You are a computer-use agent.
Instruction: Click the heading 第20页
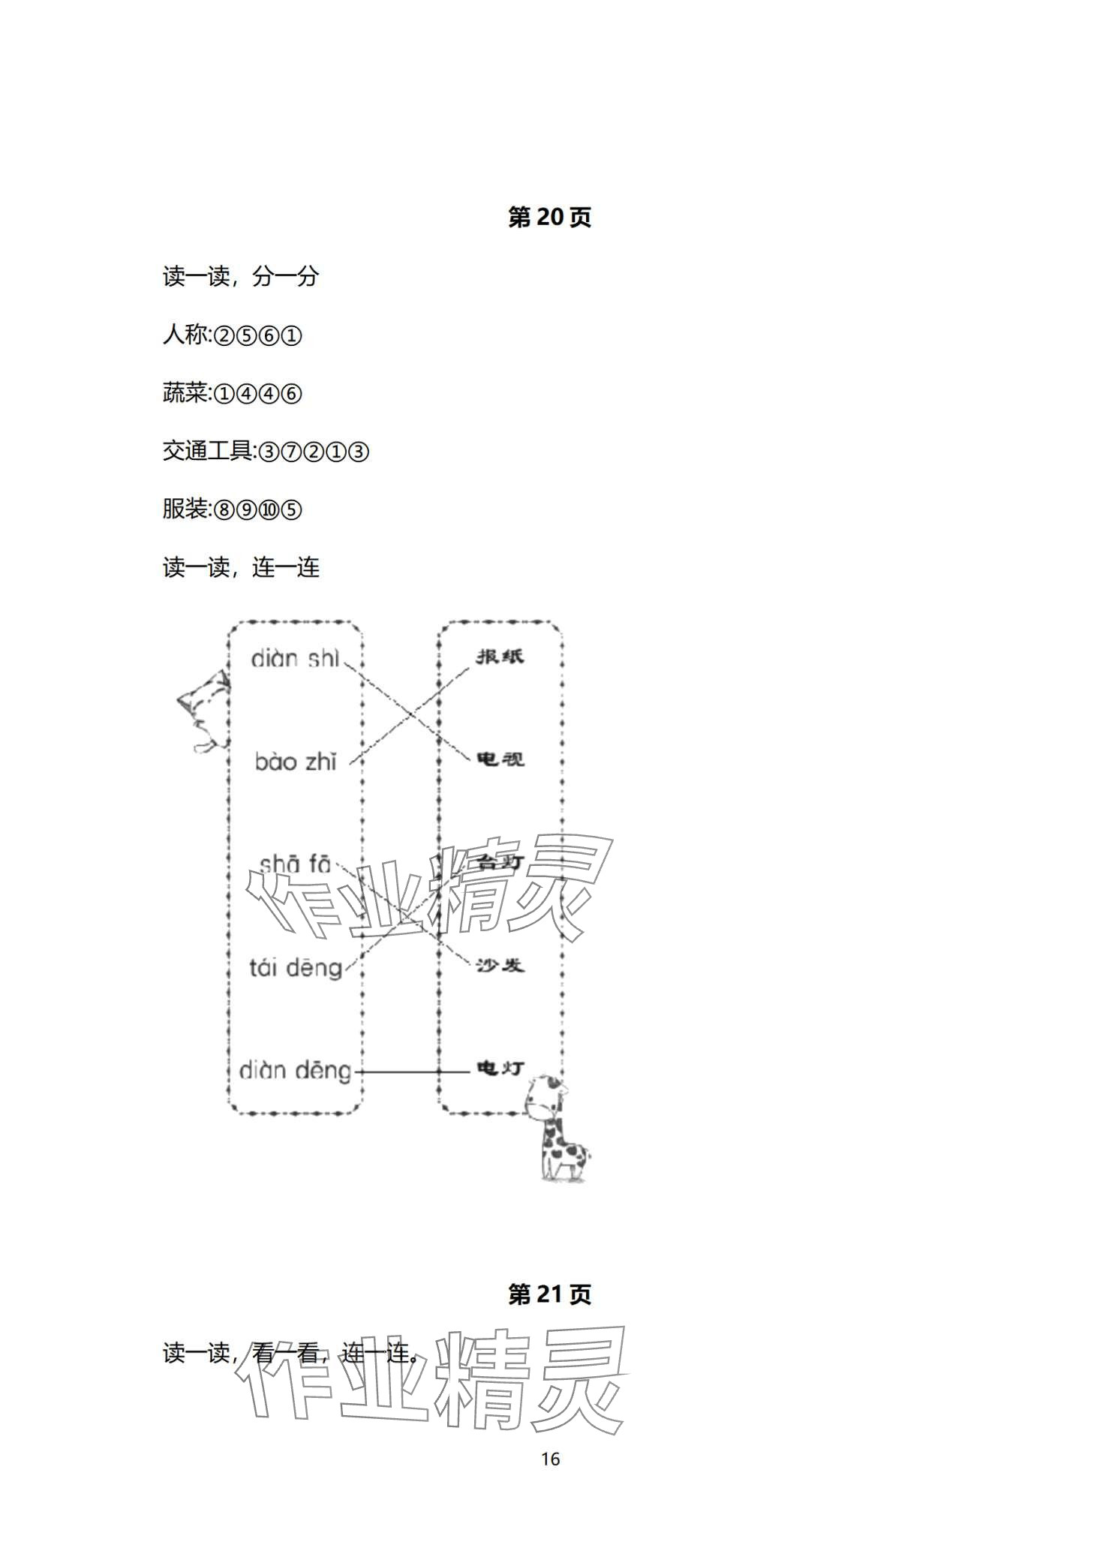pos(549,218)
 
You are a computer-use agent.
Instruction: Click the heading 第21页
pos(549,1294)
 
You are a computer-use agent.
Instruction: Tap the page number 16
pos(550,1459)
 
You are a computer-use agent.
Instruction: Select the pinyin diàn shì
pos(295,659)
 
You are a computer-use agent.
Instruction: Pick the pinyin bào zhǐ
pos(296,762)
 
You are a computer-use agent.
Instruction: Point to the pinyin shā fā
pos(294,865)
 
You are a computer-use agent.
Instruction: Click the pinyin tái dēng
pos(296,968)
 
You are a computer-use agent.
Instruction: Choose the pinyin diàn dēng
pos(295,1071)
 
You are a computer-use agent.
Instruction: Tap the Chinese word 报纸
pos(500,657)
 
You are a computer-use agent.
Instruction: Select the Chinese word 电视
pos(500,759)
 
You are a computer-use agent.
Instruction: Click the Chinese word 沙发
pos(500,966)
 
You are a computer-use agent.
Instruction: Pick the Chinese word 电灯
pos(500,1068)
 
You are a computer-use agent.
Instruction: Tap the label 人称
pos(185,335)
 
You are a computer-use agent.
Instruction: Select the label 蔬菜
pos(185,393)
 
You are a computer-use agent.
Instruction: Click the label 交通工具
pos(208,451)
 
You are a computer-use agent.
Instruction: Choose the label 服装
pos(185,509)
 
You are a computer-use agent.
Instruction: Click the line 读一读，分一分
pos(241,277)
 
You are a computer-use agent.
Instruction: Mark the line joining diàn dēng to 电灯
pos(413,1072)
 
